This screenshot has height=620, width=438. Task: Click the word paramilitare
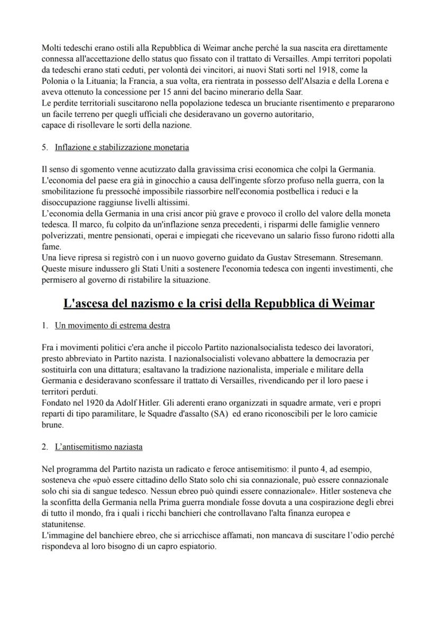(x=106, y=413)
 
